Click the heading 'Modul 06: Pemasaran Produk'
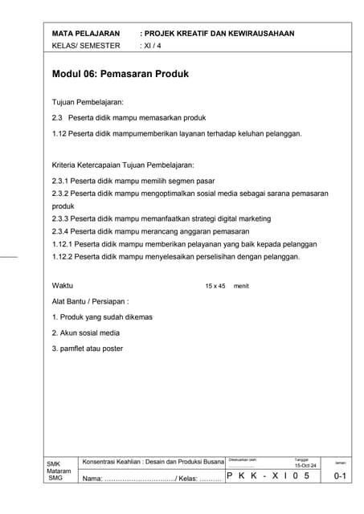coord(120,74)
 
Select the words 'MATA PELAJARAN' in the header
coord(85,34)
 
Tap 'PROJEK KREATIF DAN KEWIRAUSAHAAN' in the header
coord(219,34)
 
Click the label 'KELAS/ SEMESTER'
coord(85,46)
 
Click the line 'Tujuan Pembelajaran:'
coord(88,104)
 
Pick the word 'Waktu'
coord(63,286)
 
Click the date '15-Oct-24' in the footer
coord(306,466)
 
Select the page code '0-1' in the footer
coord(340,477)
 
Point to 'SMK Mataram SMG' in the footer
coord(58,471)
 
